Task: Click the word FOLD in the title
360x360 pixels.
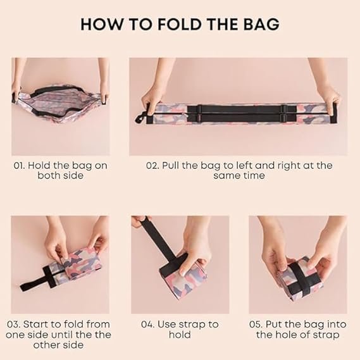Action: click(x=179, y=23)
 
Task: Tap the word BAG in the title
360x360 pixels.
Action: click(x=261, y=23)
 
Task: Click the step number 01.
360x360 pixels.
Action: click(x=19, y=166)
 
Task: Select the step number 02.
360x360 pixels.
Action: click(x=152, y=166)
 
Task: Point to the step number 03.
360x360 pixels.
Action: click(x=14, y=325)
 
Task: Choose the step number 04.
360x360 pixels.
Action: click(x=148, y=325)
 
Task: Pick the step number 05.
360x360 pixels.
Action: click(x=256, y=325)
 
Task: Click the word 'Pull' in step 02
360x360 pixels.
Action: click(x=171, y=166)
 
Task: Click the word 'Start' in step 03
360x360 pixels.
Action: click(x=36, y=325)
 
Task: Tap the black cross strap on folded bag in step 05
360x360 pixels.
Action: click(x=299, y=278)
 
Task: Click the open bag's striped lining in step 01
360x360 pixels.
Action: click(x=60, y=101)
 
